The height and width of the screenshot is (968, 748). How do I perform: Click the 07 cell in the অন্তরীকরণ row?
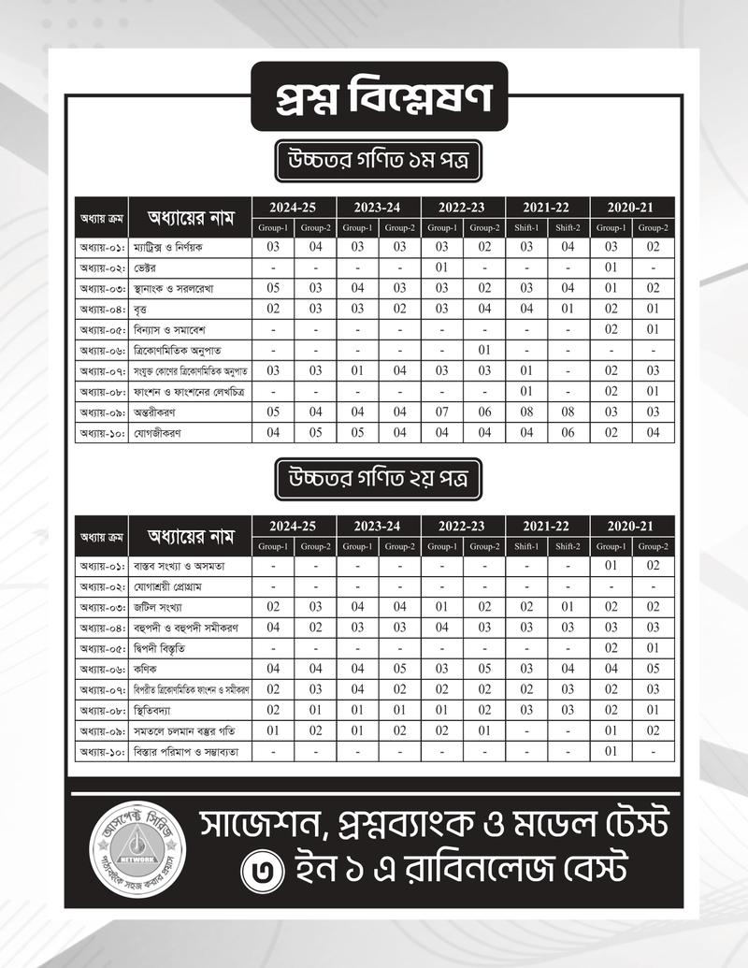[442, 412]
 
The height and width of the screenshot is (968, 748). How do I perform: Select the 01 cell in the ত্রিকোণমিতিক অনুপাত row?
[484, 350]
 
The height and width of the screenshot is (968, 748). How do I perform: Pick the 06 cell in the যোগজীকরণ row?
[568, 432]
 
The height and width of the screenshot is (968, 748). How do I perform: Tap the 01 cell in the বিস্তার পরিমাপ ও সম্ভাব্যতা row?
[611, 751]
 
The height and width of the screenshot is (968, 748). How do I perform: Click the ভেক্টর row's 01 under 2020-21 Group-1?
[611, 267]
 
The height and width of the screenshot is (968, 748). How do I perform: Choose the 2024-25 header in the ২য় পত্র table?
[295, 526]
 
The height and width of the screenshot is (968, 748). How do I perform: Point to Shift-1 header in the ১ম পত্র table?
[526, 227]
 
